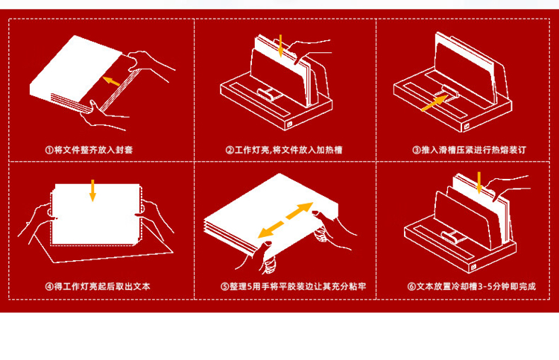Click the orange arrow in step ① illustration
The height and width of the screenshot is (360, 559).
click(111, 80)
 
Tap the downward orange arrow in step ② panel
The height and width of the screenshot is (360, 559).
click(280, 45)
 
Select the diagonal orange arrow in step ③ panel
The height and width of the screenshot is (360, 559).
click(435, 103)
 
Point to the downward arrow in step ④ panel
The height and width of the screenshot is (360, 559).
click(92, 190)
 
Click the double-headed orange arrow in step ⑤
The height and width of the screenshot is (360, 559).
click(285, 221)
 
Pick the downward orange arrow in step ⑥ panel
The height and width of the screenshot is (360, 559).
click(479, 183)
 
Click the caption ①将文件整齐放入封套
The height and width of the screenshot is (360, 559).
click(89, 150)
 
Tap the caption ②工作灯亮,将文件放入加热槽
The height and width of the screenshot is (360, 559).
click(284, 150)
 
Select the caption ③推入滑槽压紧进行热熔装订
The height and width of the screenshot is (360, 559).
click(469, 150)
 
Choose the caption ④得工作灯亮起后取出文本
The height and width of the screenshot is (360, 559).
click(98, 286)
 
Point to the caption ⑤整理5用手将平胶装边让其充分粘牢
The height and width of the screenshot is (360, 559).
click(294, 286)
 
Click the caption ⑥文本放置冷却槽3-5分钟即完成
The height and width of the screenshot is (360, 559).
click(472, 286)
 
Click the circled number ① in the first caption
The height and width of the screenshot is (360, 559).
click(49, 150)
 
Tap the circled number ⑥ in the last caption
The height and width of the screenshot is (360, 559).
click(411, 286)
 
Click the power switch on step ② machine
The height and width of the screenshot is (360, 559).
click(290, 124)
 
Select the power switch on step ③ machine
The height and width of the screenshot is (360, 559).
click(467, 127)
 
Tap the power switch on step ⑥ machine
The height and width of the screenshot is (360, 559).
click(474, 267)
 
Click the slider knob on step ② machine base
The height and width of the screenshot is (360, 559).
click(265, 95)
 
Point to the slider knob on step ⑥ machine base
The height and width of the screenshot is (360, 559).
click(450, 237)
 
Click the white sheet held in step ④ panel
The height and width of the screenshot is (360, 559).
click(96, 214)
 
